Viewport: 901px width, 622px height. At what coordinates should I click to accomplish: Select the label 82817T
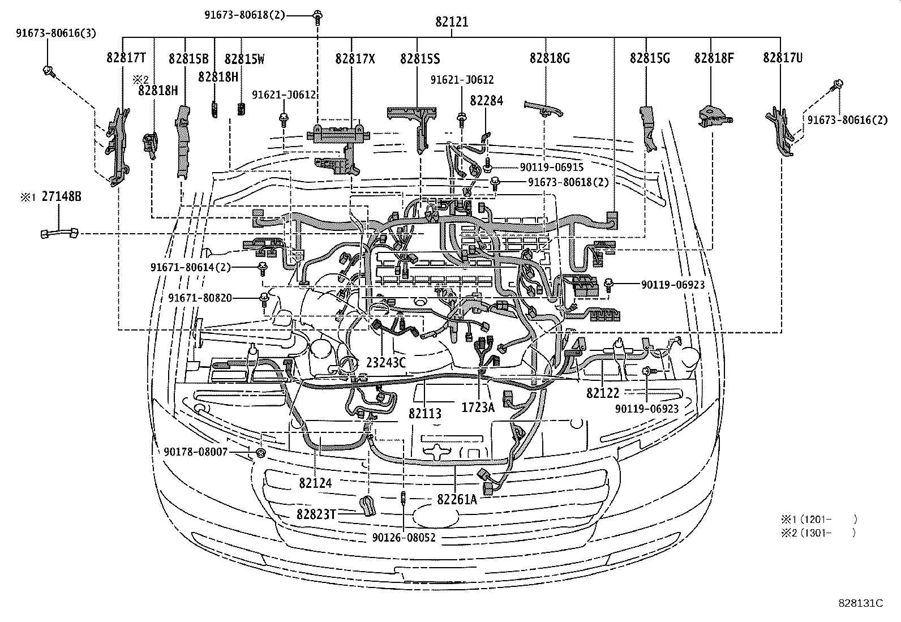126,58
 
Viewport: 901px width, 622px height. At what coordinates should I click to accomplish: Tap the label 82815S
419,58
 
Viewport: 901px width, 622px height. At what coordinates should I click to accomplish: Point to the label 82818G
549,58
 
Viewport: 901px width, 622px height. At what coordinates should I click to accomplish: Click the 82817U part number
783,58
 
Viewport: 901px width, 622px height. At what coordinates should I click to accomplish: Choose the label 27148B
61,196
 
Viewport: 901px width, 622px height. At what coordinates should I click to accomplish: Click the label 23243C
386,363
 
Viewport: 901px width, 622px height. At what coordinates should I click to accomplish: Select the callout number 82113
425,414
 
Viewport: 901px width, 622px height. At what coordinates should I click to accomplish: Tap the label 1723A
478,407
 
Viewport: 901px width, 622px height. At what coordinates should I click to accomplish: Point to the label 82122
603,392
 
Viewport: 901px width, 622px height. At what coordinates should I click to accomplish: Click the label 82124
316,483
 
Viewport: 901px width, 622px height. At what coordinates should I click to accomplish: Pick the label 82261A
457,499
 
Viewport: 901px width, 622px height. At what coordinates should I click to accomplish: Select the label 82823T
316,514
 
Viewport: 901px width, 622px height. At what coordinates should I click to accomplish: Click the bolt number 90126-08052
404,537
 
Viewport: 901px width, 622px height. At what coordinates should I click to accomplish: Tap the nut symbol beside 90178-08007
261,453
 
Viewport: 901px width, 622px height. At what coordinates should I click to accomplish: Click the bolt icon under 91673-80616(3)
48,71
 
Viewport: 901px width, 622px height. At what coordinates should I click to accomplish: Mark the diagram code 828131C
861,603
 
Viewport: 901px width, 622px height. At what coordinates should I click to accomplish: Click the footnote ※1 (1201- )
819,518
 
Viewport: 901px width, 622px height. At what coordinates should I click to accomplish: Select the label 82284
486,100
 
